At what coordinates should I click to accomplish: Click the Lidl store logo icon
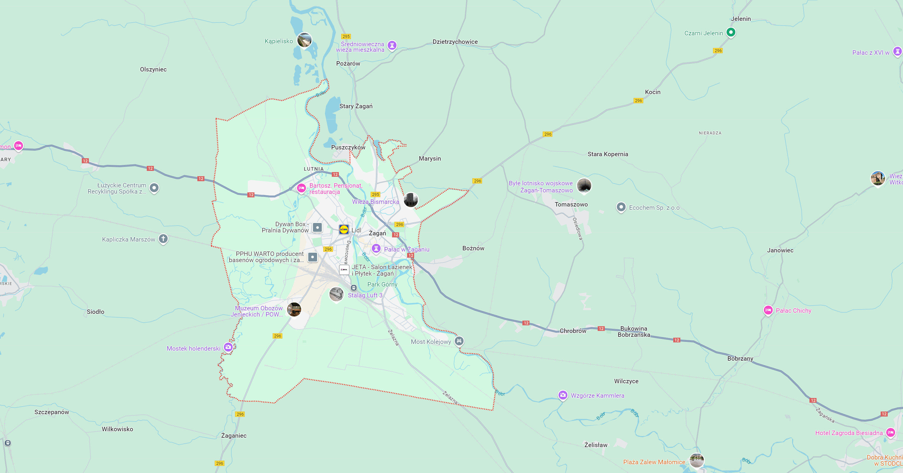[344, 230]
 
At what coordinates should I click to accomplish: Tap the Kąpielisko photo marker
[304, 40]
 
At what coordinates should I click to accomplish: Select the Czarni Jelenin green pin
[731, 32]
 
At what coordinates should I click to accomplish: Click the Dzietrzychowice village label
[455, 42]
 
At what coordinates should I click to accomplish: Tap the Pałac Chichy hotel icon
[768, 310]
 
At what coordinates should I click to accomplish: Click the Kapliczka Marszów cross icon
[163, 239]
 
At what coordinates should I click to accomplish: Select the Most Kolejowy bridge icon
[459, 341]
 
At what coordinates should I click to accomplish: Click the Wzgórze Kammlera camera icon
[563, 395]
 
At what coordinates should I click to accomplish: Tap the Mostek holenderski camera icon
[228, 347]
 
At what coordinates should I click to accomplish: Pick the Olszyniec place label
[153, 69]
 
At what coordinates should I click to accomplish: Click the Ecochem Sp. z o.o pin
[621, 207]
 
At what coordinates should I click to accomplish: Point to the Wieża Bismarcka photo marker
[411, 200]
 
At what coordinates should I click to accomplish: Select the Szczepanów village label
[51, 412]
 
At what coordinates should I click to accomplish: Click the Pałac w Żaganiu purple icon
[376, 249]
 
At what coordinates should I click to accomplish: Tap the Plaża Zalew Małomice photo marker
[697, 460]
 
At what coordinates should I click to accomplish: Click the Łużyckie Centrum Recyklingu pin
[154, 188]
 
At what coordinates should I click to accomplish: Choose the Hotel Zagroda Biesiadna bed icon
[890, 432]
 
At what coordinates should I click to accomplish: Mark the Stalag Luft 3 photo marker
[336, 294]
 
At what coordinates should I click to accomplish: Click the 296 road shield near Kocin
[638, 101]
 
